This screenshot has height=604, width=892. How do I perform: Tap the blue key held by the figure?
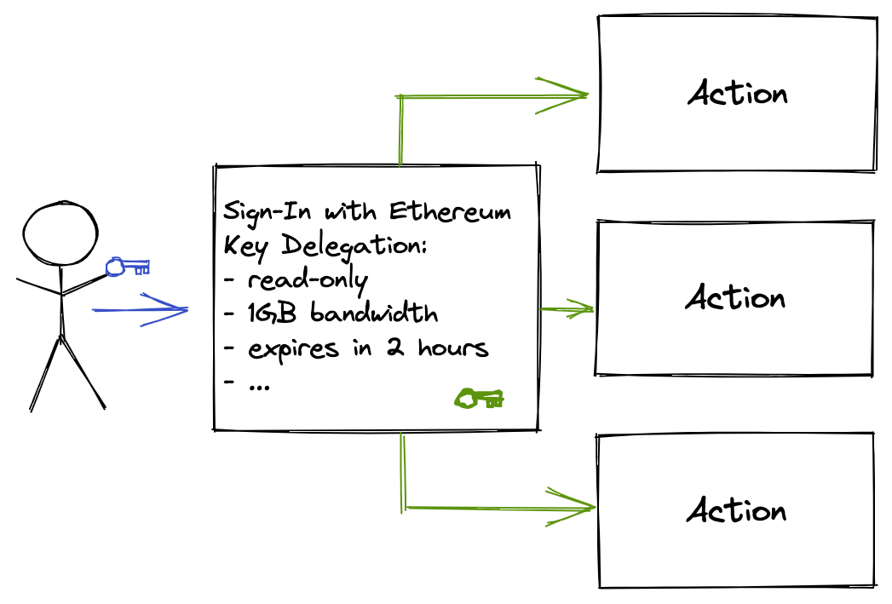[127, 267]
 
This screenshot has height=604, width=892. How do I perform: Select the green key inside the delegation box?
[479, 398]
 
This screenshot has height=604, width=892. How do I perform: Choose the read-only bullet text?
[308, 280]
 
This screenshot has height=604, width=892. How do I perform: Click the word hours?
[452, 348]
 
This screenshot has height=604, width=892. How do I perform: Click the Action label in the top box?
[738, 93]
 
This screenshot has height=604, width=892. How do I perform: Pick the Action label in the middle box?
[736, 298]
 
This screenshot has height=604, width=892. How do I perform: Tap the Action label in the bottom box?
[736, 510]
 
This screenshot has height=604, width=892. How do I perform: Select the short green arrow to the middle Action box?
[567, 309]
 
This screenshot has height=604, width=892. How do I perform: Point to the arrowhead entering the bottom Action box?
[575, 509]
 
